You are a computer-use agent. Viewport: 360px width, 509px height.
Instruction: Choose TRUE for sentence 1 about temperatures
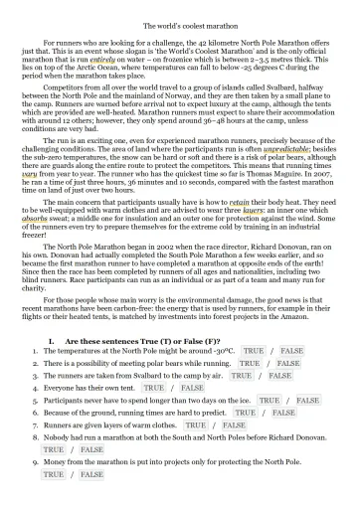[254, 351]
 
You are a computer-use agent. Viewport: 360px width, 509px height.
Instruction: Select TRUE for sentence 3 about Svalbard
[241, 376]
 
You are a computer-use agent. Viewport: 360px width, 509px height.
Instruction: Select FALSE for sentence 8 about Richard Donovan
[91, 449]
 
